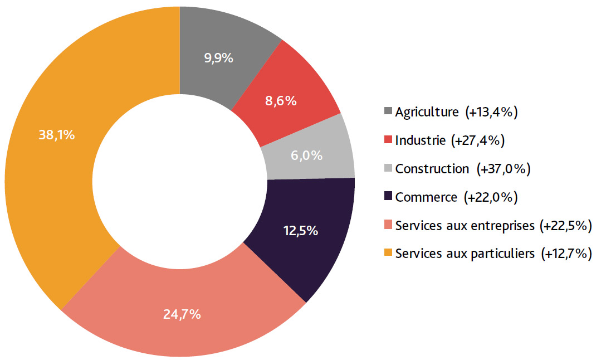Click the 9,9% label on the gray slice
point(218,57)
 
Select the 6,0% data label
point(307,155)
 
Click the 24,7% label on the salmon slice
point(182,314)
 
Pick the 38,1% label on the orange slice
point(57,134)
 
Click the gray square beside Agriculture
point(388,111)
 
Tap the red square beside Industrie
point(388,140)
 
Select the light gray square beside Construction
point(388,168)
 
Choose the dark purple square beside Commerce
point(388,197)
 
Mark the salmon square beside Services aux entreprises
point(388,225)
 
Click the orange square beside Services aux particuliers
point(388,254)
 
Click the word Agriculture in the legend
point(426,112)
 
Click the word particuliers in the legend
point(504,254)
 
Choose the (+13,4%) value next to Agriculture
point(492,112)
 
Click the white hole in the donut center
point(180,183)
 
